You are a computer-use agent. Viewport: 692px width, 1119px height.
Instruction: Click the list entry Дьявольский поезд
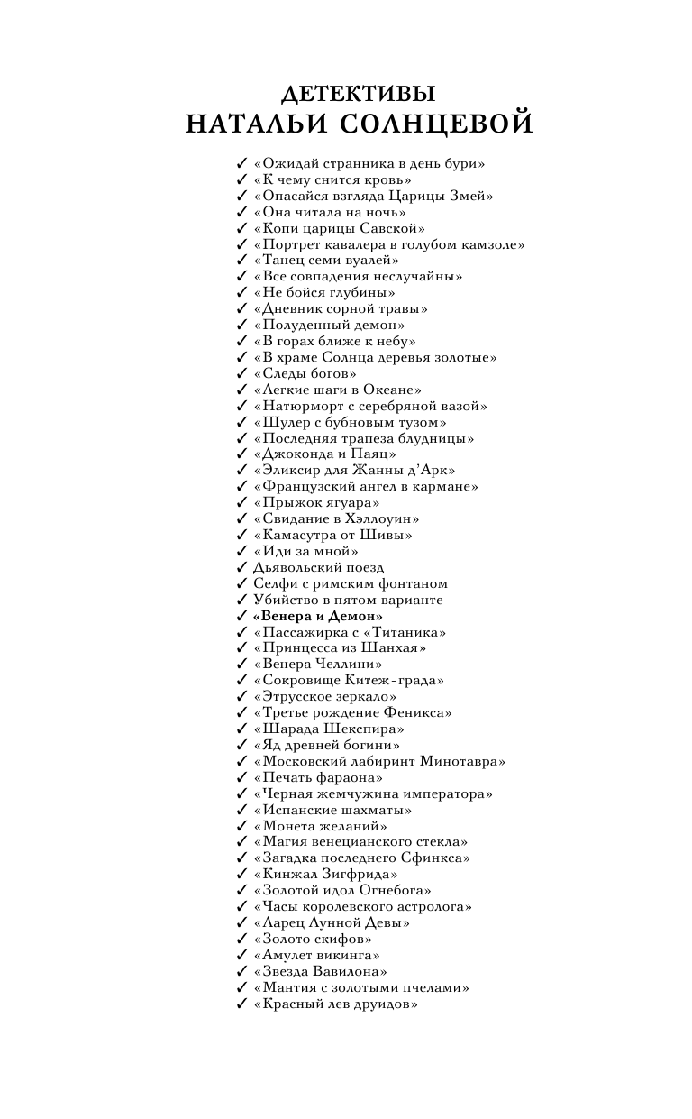pyautogui.click(x=318, y=567)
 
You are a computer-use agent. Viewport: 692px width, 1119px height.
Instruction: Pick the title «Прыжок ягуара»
pyautogui.click(x=316, y=502)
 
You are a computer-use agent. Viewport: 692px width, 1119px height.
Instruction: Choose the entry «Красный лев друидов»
pyautogui.click(x=335, y=1004)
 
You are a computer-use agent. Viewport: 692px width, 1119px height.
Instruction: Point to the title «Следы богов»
pyautogui.click(x=305, y=373)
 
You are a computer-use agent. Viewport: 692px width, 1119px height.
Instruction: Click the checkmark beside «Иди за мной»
pyautogui.click(x=241, y=551)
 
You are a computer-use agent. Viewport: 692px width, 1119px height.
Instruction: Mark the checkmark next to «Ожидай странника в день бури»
pyautogui.click(x=241, y=163)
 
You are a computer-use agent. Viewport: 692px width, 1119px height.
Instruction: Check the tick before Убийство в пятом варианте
pyautogui.click(x=241, y=600)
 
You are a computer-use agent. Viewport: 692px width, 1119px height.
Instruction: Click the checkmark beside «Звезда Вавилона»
pyautogui.click(x=241, y=971)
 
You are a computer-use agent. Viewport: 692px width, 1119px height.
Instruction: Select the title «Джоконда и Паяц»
pyautogui.click(x=324, y=454)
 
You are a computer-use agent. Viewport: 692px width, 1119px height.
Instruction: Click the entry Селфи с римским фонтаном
pyautogui.click(x=350, y=583)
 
